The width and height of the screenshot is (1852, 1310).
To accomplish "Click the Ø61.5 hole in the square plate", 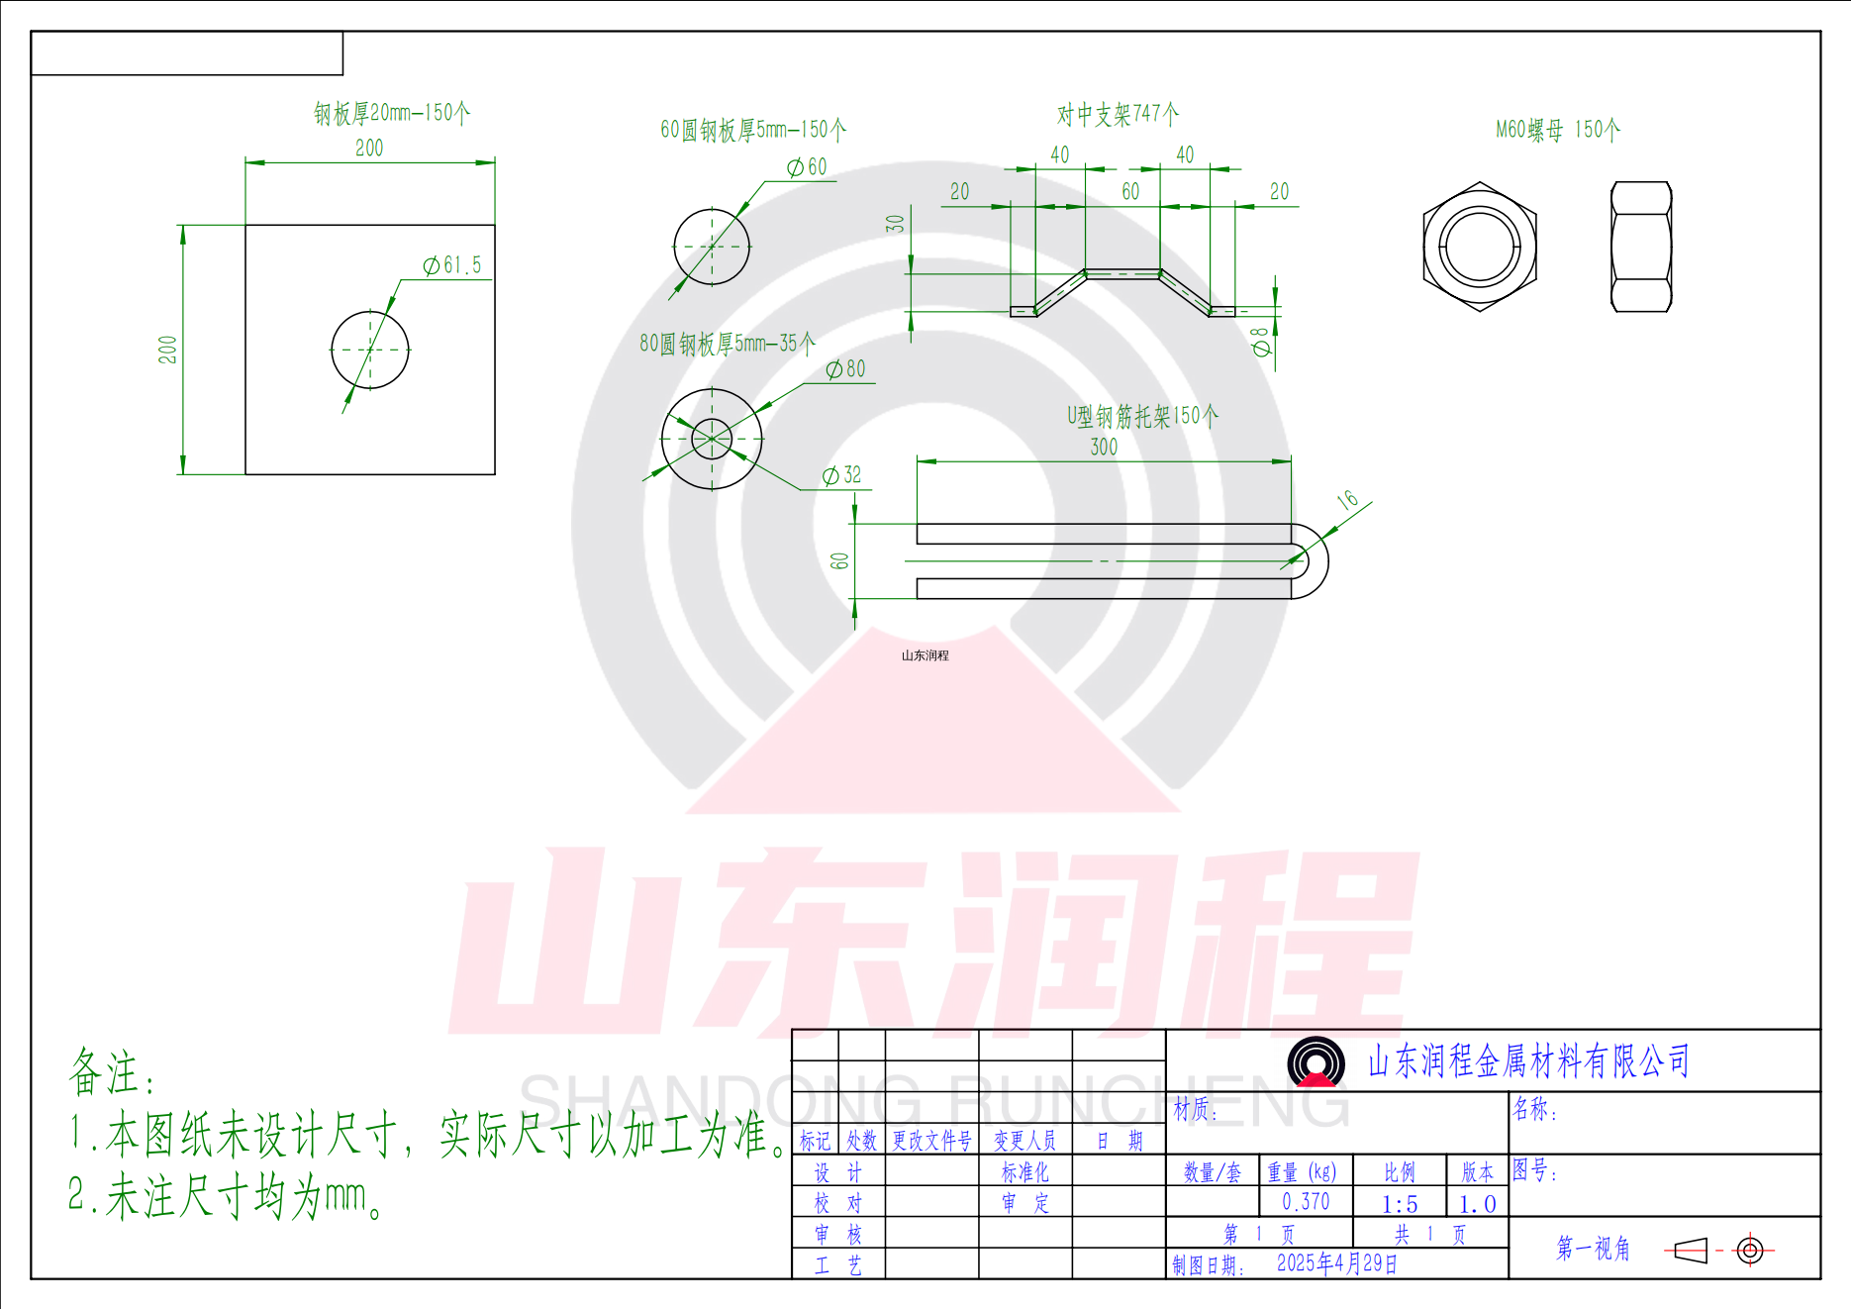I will click(369, 350).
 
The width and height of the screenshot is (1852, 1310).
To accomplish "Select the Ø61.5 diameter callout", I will click(453, 265).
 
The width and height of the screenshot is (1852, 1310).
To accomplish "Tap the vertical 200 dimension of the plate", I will click(167, 350).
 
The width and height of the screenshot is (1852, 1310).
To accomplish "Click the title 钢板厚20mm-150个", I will click(392, 113).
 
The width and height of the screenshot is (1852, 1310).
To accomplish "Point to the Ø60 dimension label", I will click(807, 167).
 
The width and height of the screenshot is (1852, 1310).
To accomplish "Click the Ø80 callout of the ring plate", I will click(846, 369).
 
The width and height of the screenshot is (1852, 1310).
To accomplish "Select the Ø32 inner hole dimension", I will click(842, 475).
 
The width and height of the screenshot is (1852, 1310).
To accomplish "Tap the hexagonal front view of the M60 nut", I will click(1480, 247).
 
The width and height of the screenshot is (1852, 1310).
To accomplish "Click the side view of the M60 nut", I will click(1641, 247).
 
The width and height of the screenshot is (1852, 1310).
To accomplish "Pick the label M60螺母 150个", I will click(1557, 130).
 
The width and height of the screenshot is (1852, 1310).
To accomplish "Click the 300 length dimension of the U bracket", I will click(1104, 447).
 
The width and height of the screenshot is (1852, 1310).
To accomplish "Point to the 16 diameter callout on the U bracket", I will click(1347, 500).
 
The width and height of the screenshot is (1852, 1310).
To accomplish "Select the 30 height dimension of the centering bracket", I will click(896, 224).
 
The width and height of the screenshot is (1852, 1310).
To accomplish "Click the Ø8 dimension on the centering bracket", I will click(1260, 342).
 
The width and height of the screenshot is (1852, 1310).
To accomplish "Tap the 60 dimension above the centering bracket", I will click(1130, 191).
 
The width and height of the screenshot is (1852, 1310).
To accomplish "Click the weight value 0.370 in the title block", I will click(1306, 1201).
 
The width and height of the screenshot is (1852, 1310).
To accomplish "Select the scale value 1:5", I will click(1400, 1204).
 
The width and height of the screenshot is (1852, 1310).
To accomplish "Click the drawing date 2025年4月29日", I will click(1336, 1263).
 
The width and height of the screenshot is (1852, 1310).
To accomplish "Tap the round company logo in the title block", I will click(1316, 1061).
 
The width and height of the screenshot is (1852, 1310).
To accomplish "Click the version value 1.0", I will click(1477, 1204).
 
